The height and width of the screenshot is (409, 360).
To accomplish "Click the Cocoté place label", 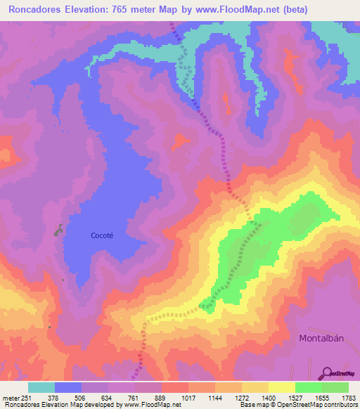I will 102,235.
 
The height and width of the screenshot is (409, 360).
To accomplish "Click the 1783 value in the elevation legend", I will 348,398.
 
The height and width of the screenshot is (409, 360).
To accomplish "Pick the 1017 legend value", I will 188,398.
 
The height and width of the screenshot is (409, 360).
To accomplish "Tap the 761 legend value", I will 134,398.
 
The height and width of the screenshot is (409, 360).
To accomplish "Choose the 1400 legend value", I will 268,398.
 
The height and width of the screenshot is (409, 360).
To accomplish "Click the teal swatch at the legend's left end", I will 41,387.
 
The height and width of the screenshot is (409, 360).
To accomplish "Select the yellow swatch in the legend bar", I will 281,387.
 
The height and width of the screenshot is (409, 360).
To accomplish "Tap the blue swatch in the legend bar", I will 68,387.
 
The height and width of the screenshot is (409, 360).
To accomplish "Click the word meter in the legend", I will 9,398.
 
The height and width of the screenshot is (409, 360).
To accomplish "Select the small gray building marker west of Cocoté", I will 59,229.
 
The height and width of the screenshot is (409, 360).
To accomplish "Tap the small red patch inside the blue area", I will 181,143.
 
